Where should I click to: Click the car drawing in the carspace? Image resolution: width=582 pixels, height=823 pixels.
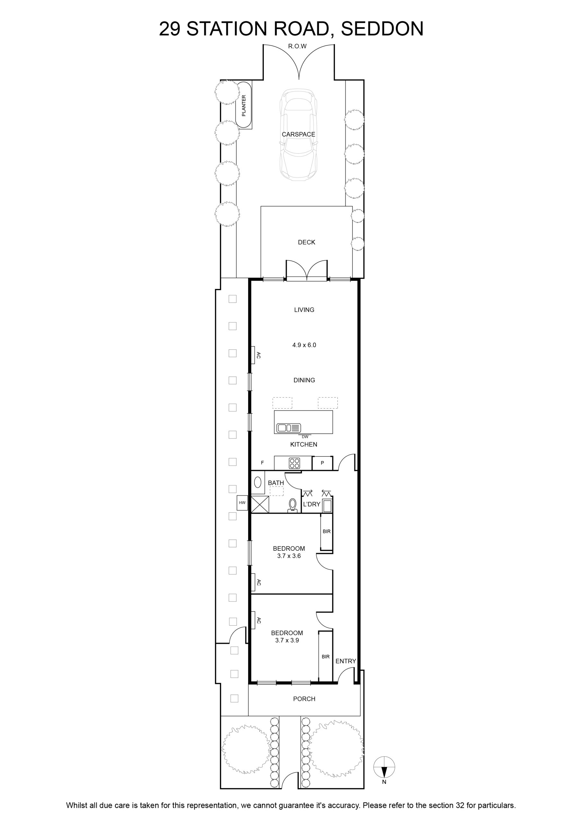point(299,134)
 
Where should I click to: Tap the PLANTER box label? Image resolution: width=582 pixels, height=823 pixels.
point(244,105)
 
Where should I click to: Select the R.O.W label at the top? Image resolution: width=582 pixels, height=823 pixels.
point(298,46)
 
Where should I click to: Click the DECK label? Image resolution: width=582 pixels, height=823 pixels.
point(306,242)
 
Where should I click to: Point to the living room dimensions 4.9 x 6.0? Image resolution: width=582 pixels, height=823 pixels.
point(304,345)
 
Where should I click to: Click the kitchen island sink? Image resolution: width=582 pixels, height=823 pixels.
point(289,428)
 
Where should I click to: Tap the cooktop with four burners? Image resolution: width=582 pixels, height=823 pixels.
point(295,464)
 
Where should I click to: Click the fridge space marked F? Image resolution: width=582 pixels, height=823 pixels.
point(262,463)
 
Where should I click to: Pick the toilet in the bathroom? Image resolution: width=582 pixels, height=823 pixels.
point(293,506)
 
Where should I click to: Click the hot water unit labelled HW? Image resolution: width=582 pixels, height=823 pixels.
point(242,502)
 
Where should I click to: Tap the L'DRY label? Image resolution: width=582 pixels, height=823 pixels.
point(311,504)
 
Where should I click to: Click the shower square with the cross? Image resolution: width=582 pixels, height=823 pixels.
point(260,505)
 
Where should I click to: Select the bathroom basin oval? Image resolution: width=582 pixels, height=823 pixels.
point(258,483)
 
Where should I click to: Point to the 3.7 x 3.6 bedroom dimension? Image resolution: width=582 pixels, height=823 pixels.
point(289,556)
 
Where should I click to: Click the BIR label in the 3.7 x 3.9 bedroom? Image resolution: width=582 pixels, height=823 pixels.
point(326,657)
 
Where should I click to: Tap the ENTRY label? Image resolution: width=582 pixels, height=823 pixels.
point(346,661)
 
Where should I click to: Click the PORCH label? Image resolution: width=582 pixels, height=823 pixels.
point(304,699)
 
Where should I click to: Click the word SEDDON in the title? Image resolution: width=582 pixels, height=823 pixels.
point(382,29)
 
